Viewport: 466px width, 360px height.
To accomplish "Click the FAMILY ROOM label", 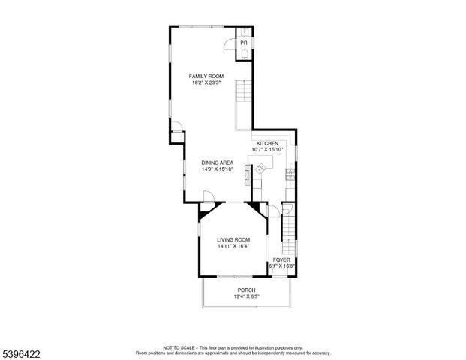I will click(x=206, y=76).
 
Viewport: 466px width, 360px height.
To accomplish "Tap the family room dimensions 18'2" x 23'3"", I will click(x=206, y=82).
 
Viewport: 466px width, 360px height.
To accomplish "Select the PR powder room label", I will click(x=243, y=43).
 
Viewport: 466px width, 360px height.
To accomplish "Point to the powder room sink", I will click(x=244, y=32).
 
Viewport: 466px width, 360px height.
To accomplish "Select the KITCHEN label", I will click(x=267, y=143).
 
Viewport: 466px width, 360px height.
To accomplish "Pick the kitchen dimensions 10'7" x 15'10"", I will click(x=268, y=150).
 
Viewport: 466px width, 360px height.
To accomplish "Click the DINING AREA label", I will click(x=217, y=163).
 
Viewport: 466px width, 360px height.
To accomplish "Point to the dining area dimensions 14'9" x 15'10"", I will click(x=217, y=169).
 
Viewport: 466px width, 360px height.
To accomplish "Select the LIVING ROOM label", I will click(x=233, y=239).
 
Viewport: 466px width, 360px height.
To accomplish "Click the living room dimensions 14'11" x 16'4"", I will click(x=233, y=246).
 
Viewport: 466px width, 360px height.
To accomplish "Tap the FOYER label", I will click(x=281, y=259).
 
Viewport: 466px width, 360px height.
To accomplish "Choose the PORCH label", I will click(x=247, y=289).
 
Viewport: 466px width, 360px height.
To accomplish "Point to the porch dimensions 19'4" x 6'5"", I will click(x=247, y=296).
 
